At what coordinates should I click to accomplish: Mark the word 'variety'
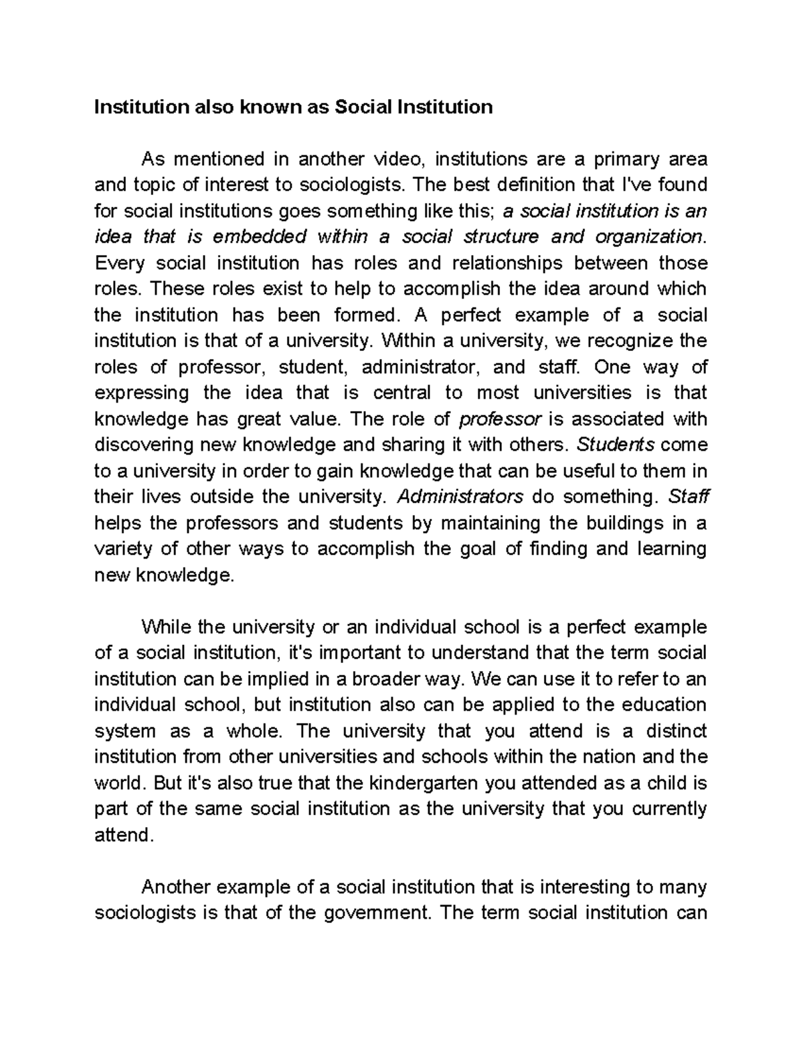124,549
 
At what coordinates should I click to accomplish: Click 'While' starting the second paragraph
165,627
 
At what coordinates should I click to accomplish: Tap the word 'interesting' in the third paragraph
586,887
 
